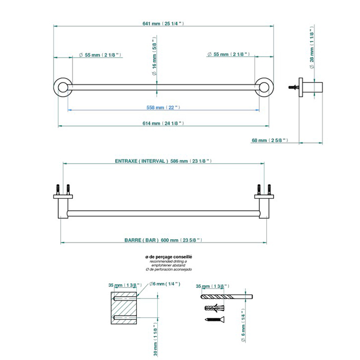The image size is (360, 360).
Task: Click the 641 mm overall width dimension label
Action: [163, 24]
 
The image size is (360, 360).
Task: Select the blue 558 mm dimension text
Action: [163, 107]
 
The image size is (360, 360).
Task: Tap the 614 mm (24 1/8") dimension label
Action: [163, 123]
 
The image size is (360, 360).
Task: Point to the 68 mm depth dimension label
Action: [270, 140]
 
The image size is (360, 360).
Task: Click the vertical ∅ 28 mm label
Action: [312, 47]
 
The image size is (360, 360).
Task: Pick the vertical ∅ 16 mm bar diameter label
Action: [154, 56]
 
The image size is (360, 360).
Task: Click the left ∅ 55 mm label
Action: [100, 55]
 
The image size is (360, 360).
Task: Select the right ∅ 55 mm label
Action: [228, 55]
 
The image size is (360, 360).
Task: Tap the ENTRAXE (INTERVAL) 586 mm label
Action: [163, 161]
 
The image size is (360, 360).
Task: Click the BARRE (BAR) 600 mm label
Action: [163, 240]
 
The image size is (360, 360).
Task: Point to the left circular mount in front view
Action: [63, 87]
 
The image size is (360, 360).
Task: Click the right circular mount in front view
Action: [264, 87]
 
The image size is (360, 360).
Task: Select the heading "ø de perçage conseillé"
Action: [169, 257]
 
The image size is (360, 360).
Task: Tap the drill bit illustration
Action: [227, 297]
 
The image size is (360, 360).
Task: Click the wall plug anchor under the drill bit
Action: [214, 308]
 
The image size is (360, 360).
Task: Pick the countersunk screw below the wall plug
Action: [214, 319]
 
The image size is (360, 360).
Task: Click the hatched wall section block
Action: [124, 308]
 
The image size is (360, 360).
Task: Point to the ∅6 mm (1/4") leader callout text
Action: [165, 284]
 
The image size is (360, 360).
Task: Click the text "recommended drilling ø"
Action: [169, 261]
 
